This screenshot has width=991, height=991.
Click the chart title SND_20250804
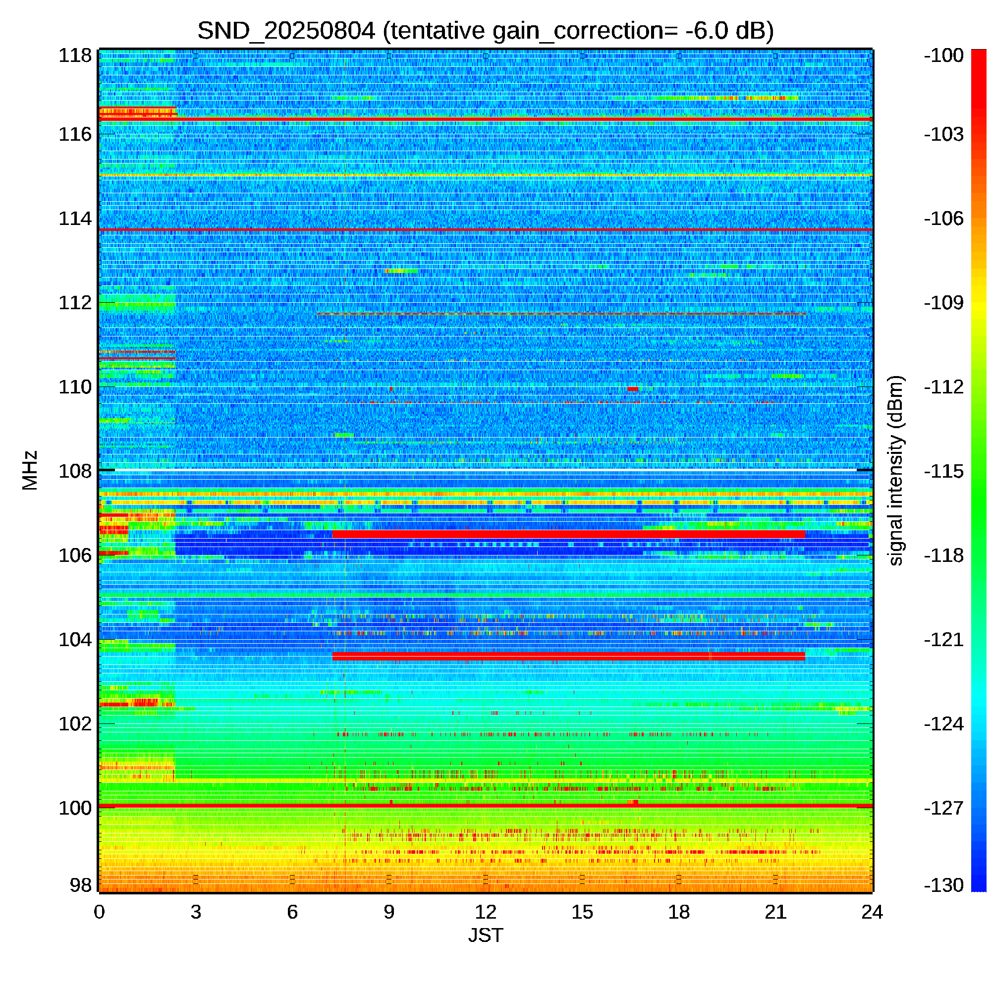point(286,31)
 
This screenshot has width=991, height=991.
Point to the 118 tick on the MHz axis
point(75,55)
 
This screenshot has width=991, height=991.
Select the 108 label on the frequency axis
point(75,471)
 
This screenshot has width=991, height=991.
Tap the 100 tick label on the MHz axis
point(75,808)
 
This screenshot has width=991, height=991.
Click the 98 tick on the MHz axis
point(81,885)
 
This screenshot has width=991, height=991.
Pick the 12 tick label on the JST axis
point(485,912)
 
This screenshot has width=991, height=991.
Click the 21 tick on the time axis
point(775,912)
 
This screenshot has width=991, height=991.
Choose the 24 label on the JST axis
point(872,912)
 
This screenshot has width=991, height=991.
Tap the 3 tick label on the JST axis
point(195,912)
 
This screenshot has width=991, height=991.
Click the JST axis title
point(485,936)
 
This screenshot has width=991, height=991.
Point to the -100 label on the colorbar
point(943,55)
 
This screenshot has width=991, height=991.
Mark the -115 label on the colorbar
point(943,471)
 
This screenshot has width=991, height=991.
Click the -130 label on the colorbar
point(943,885)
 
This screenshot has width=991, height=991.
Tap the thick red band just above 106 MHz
point(568,535)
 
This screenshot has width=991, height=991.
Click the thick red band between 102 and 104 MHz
point(568,656)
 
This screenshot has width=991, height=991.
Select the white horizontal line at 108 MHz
point(485,470)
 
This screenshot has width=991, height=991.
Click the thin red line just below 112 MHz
point(561,314)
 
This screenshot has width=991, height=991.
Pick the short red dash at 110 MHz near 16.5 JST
point(632,389)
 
